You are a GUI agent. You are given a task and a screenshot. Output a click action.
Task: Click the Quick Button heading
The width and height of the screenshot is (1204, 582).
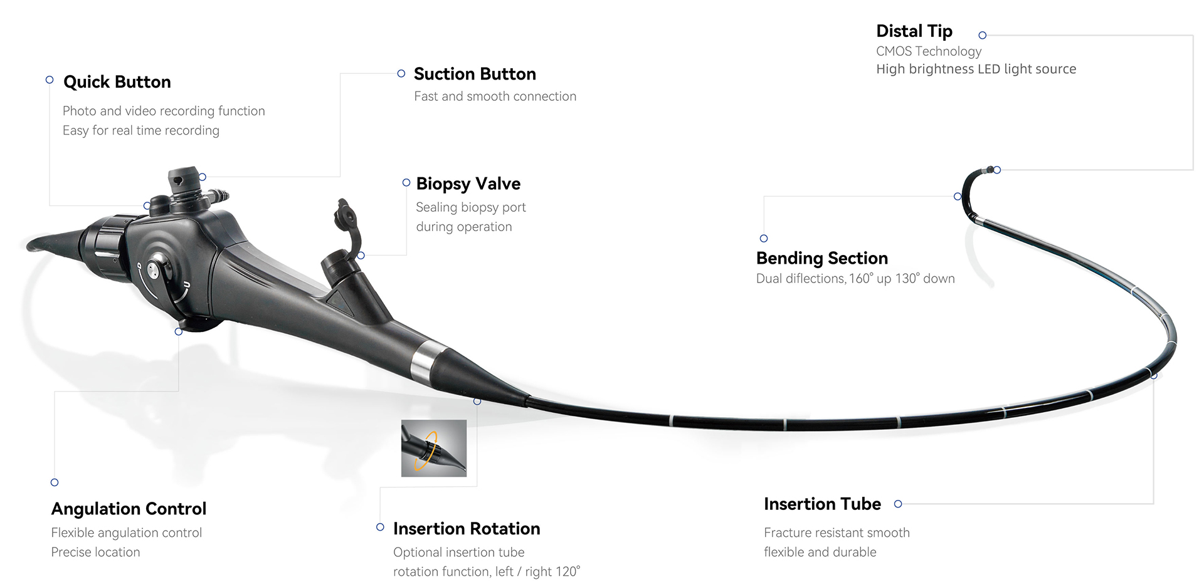[x=117, y=82]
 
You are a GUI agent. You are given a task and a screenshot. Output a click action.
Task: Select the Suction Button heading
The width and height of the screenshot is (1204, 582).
[x=475, y=74]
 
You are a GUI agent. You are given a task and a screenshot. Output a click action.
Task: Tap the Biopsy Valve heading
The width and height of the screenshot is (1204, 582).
[x=468, y=184]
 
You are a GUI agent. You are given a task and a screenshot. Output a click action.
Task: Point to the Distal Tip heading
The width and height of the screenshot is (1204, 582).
[x=914, y=31]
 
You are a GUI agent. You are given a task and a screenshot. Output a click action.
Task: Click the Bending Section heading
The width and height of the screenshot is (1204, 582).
[x=821, y=258]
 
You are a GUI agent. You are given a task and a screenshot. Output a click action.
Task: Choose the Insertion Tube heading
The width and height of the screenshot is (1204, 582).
[x=822, y=504]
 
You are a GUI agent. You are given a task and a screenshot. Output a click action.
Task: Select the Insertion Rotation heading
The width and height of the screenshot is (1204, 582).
[x=466, y=529]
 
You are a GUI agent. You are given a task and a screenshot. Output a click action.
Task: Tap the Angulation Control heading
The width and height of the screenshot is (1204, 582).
[x=129, y=509]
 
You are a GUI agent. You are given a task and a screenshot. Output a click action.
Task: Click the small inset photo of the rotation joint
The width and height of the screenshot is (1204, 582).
[x=434, y=448]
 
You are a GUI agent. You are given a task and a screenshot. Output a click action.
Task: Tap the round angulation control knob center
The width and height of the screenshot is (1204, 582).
[x=154, y=271]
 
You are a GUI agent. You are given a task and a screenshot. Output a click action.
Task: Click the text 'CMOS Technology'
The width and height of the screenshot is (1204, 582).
[x=928, y=51]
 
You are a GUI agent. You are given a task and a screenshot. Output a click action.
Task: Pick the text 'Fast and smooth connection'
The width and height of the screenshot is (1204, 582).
[x=495, y=96]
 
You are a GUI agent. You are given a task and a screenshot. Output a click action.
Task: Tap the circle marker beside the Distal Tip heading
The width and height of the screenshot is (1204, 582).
[x=983, y=36]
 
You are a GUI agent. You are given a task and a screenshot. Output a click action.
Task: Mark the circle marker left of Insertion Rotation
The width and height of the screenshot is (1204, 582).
[x=380, y=527]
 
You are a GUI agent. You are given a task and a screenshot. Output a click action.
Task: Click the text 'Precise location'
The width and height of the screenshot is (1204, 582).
[x=95, y=552]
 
